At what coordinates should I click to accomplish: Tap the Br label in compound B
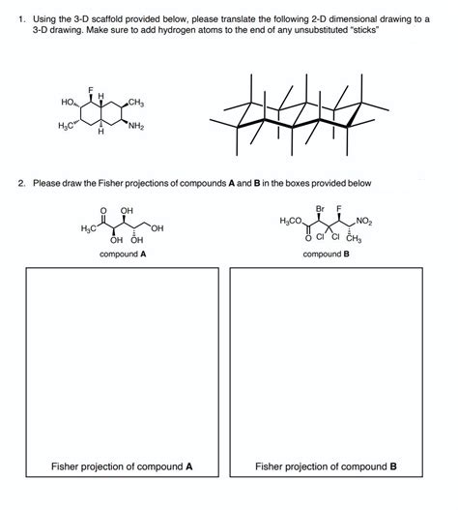click(x=320, y=208)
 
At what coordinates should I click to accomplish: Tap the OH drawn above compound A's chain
click(x=127, y=210)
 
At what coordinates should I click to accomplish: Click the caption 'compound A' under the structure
click(x=123, y=255)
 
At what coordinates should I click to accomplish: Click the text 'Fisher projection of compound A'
click(x=122, y=466)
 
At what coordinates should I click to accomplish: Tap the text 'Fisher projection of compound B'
click(x=326, y=466)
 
